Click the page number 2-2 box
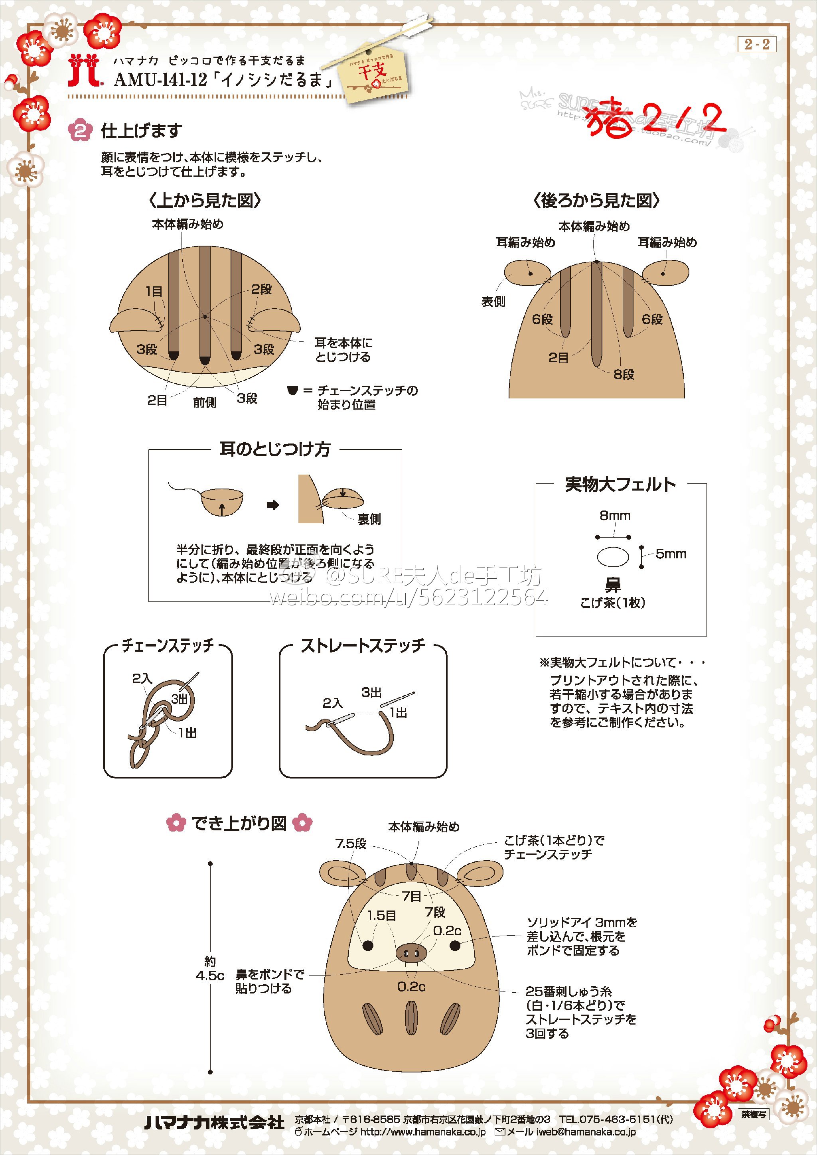click(757, 44)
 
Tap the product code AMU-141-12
click(160, 81)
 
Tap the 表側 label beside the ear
click(493, 302)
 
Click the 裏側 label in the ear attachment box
click(369, 519)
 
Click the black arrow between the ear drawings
click(273, 505)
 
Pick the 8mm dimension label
click(615, 516)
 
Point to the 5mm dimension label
click(671, 554)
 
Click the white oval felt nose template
click(613, 558)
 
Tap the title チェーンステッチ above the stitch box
click(168, 645)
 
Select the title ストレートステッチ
click(363, 645)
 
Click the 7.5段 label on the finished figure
click(351, 844)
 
